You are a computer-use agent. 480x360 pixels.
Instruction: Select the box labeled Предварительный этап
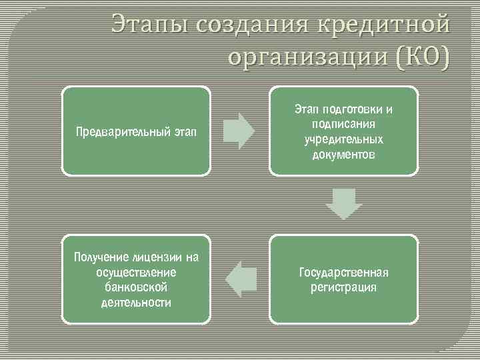click(136, 131)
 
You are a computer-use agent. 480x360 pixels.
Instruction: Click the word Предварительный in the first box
click(122, 131)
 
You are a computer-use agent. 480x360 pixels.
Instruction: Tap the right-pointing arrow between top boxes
click(239, 131)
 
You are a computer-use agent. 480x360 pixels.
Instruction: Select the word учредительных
click(343, 140)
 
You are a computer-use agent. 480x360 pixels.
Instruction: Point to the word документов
click(343, 155)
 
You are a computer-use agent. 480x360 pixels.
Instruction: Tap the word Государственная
click(343, 272)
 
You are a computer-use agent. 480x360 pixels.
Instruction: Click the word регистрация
click(343, 287)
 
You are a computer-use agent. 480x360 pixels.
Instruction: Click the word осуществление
click(136, 272)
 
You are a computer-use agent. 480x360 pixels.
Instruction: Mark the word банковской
click(136, 287)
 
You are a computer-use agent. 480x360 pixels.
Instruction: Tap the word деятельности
click(136, 303)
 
